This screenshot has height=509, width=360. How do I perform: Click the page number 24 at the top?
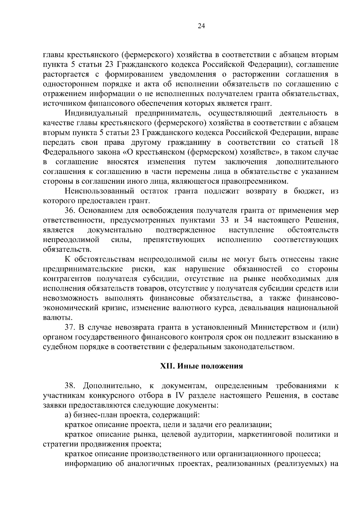point(201,26)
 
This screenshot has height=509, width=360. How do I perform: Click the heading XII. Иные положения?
point(201,366)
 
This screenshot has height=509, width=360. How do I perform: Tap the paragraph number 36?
point(70,210)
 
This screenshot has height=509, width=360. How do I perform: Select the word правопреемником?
point(255,181)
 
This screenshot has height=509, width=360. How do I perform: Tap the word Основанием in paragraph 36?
point(102,210)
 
